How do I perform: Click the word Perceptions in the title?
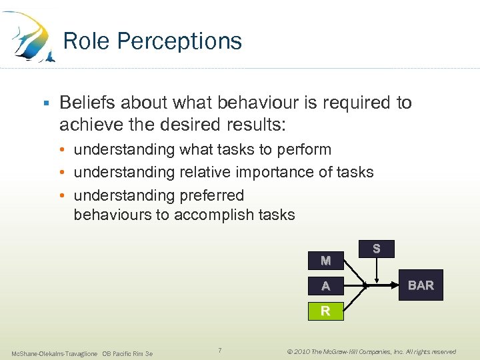point(180,42)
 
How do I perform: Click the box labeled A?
point(325,286)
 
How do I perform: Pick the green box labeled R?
point(325,311)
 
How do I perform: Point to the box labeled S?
point(377,249)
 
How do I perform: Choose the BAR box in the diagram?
point(421,286)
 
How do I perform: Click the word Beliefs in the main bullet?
point(85,103)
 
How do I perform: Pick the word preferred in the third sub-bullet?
point(211,196)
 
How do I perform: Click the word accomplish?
point(216,215)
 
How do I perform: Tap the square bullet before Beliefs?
point(46,103)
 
